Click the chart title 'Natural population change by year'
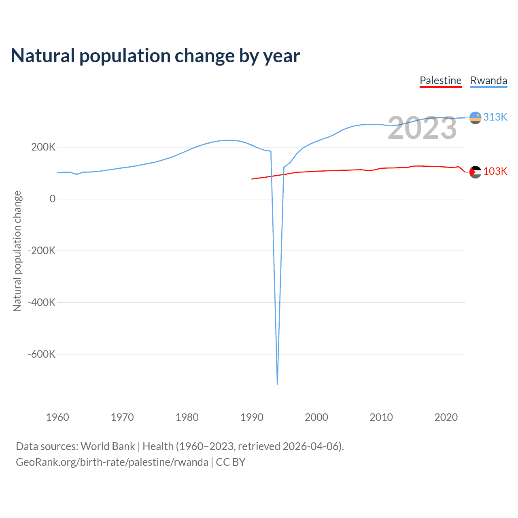155,56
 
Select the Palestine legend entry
440,81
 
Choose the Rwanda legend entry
488,81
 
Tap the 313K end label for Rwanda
495,117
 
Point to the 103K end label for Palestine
495,172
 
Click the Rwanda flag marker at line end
475,118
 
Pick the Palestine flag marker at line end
475,172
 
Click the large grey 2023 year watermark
422,128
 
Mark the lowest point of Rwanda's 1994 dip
277,384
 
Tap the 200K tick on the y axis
43,147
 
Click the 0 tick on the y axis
52,199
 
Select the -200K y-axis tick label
41,251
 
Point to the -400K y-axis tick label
41,302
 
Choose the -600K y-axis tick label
41,354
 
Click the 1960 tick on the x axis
57,417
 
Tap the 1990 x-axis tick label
252,417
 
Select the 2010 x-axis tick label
381,417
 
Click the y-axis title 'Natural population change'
17,251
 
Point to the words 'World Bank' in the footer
108,446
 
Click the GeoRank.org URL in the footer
112,462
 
